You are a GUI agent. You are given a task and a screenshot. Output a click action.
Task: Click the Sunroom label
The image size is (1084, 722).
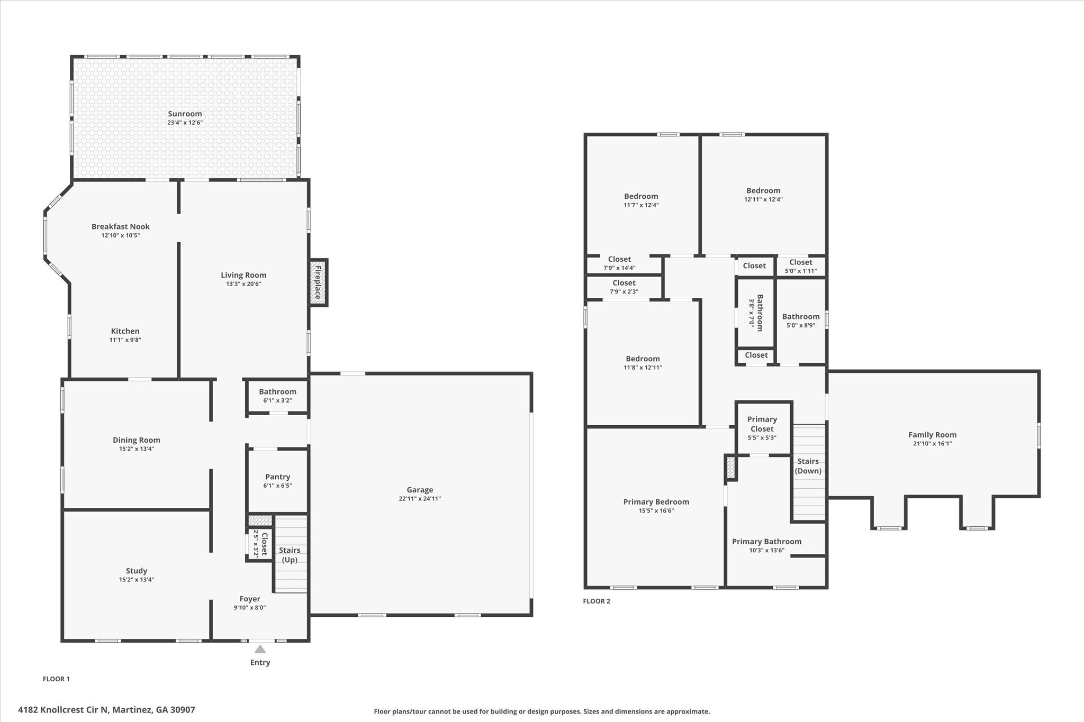tap(185, 114)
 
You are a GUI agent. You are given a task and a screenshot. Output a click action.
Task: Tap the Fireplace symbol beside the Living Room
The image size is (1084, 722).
tap(318, 282)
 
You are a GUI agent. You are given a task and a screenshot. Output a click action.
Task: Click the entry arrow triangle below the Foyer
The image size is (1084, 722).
tap(260, 649)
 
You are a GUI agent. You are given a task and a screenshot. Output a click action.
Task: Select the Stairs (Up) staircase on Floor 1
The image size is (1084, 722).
tap(290, 554)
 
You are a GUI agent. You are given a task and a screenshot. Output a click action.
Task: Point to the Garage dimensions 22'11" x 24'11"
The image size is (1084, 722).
tap(420, 499)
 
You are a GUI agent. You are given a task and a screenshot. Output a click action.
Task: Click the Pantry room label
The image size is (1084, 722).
tap(277, 477)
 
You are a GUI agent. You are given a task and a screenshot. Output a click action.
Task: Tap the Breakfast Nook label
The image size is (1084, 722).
tap(121, 226)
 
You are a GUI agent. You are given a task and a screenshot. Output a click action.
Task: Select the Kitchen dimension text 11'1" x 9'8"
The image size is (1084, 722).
tap(125, 340)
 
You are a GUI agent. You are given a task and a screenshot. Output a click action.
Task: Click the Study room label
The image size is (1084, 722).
tap(137, 571)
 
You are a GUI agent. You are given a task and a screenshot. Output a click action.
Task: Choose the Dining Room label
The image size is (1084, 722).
tap(137, 440)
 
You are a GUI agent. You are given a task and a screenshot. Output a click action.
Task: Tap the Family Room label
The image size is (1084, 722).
tap(932, 435)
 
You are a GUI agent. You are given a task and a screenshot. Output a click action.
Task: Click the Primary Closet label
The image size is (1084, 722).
tap(762, 424)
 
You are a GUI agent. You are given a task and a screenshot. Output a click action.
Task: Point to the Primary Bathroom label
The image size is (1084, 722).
tap(766, 541)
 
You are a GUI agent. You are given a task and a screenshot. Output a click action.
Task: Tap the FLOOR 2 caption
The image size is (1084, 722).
tap(597, 601)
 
